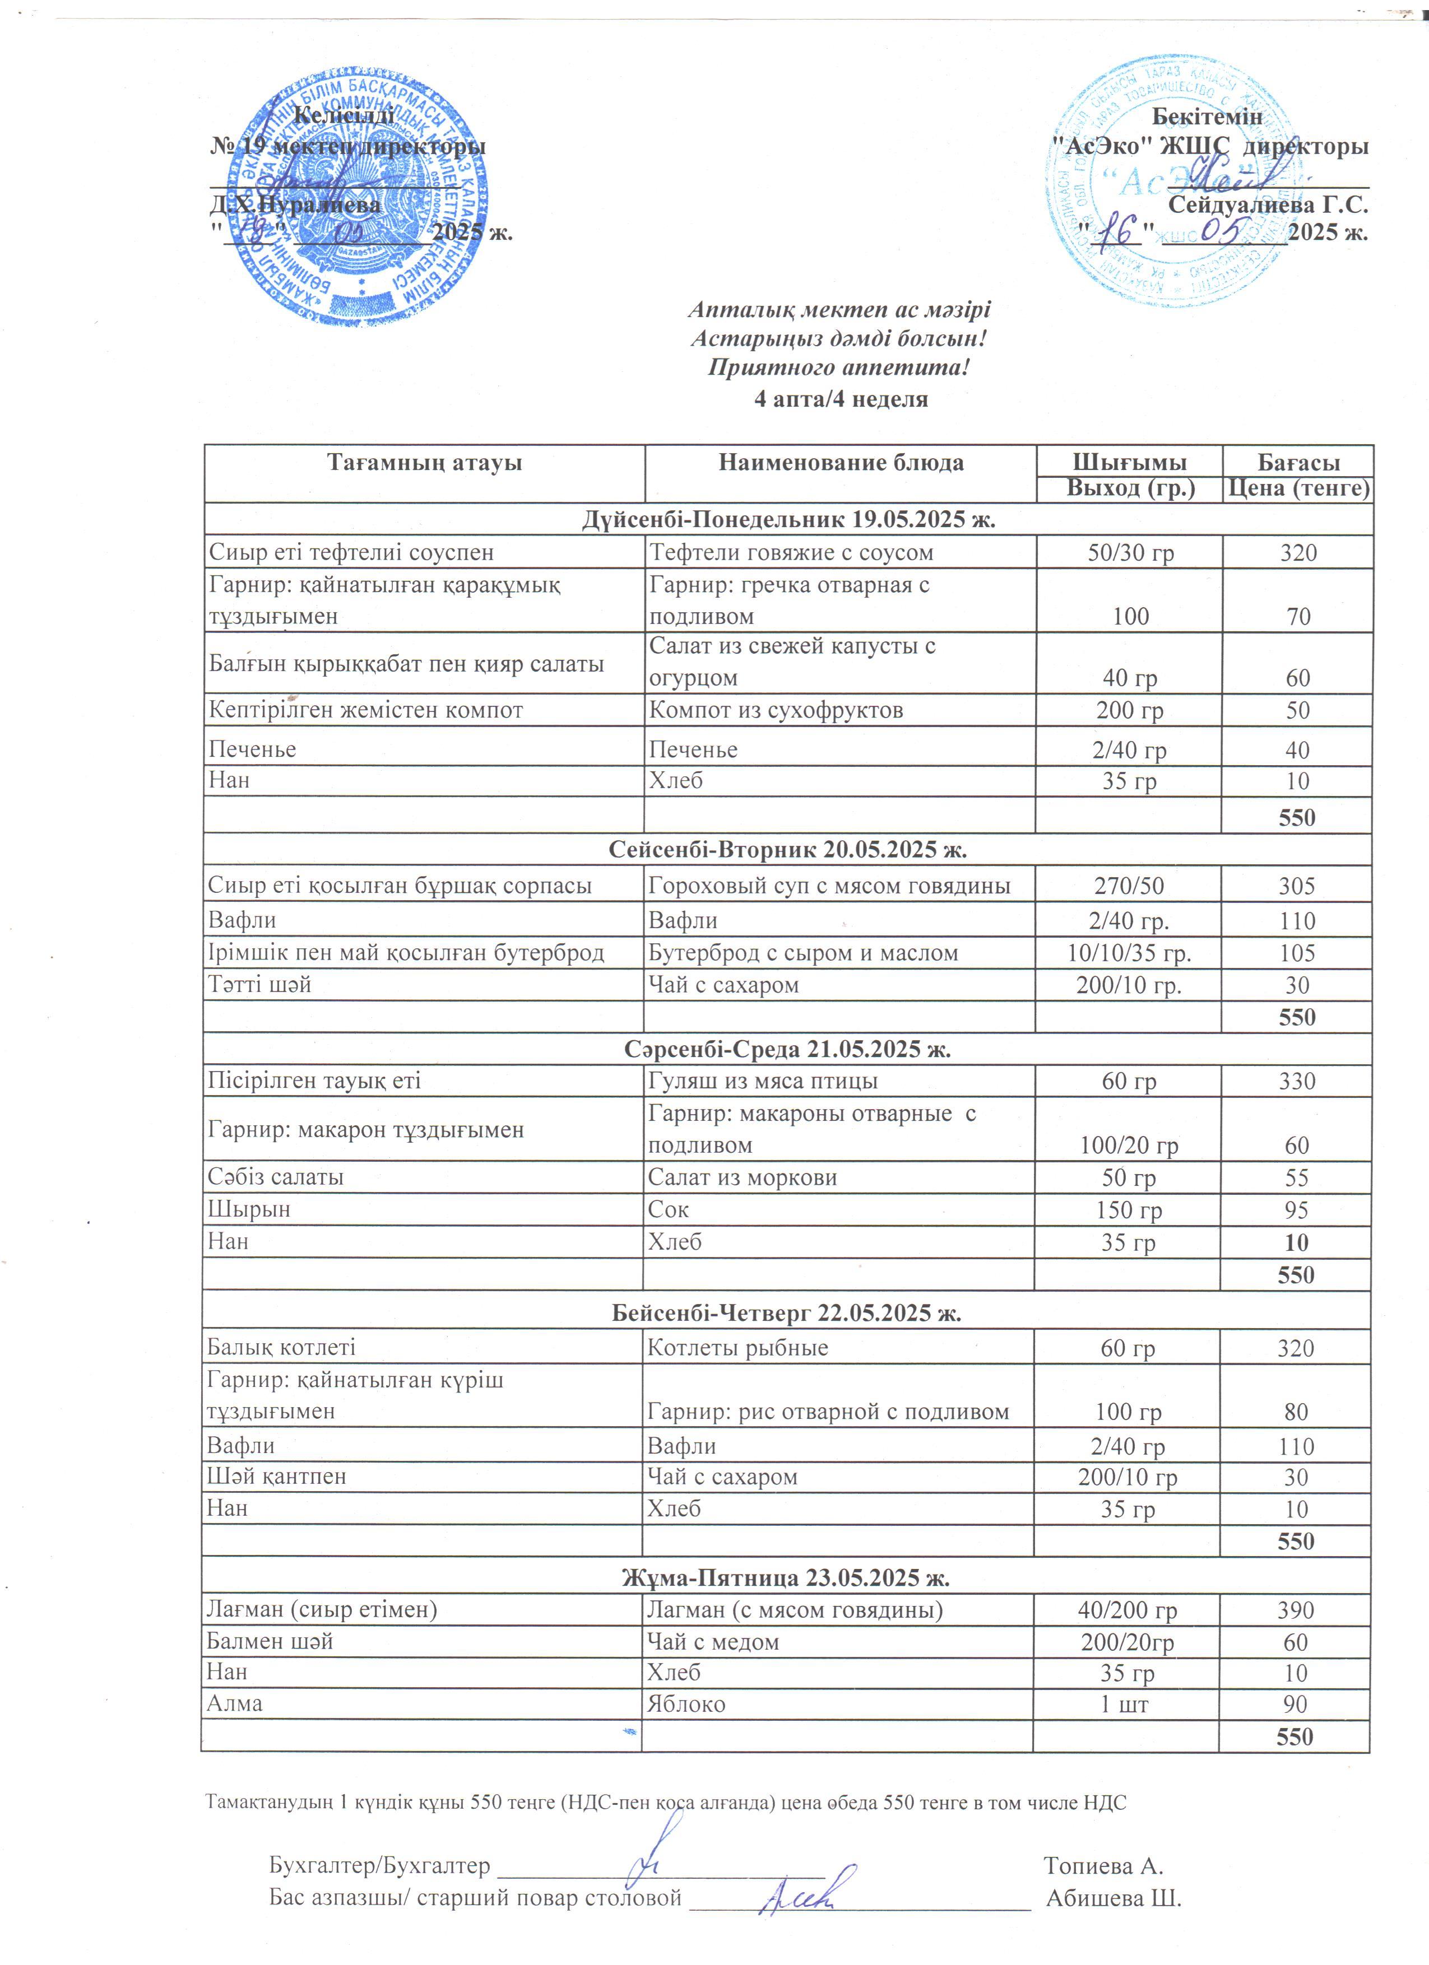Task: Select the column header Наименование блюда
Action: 841,463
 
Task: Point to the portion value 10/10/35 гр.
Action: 1128,953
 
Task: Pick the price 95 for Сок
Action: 1296,1209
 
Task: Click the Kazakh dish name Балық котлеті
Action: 281,1347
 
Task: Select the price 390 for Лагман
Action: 1295,1610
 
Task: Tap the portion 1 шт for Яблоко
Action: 1124,1704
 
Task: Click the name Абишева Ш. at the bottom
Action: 1113,1898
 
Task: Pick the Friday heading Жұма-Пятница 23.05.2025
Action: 786,1578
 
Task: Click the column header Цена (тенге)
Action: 1297,488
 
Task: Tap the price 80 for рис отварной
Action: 1296,1412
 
